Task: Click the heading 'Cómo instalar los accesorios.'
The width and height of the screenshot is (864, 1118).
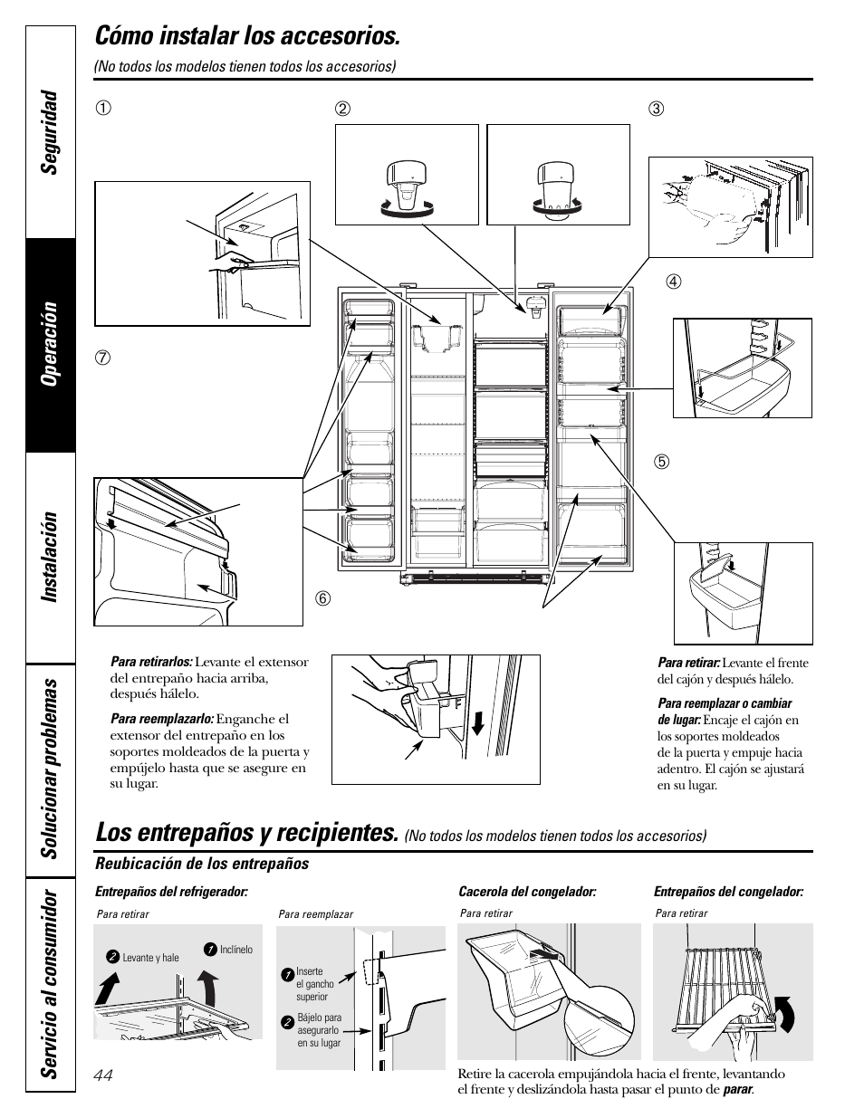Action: (246, 36)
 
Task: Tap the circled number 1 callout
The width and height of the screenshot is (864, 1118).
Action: (105, 110)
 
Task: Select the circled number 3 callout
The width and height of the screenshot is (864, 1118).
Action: (656, 110)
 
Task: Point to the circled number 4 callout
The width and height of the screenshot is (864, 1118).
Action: (673, 282)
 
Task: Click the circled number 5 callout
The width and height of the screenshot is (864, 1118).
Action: (662, 462)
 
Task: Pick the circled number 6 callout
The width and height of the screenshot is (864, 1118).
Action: (321, 597)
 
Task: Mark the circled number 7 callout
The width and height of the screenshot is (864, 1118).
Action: (105, 356)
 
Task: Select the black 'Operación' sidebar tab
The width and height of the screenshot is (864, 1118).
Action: (51, 344)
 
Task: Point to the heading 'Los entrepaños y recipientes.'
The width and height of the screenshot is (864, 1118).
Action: (246, 832)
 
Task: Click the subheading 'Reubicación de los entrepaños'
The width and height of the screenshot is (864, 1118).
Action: (202, 864)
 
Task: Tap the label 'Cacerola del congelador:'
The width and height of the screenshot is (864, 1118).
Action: (527, 892)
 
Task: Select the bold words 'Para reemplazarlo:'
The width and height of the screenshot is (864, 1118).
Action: (162, 720)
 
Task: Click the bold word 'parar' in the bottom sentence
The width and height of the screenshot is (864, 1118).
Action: (737, 1089)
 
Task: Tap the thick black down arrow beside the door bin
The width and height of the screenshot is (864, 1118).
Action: (477, 724)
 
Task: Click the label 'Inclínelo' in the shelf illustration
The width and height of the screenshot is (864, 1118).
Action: (236, 950)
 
